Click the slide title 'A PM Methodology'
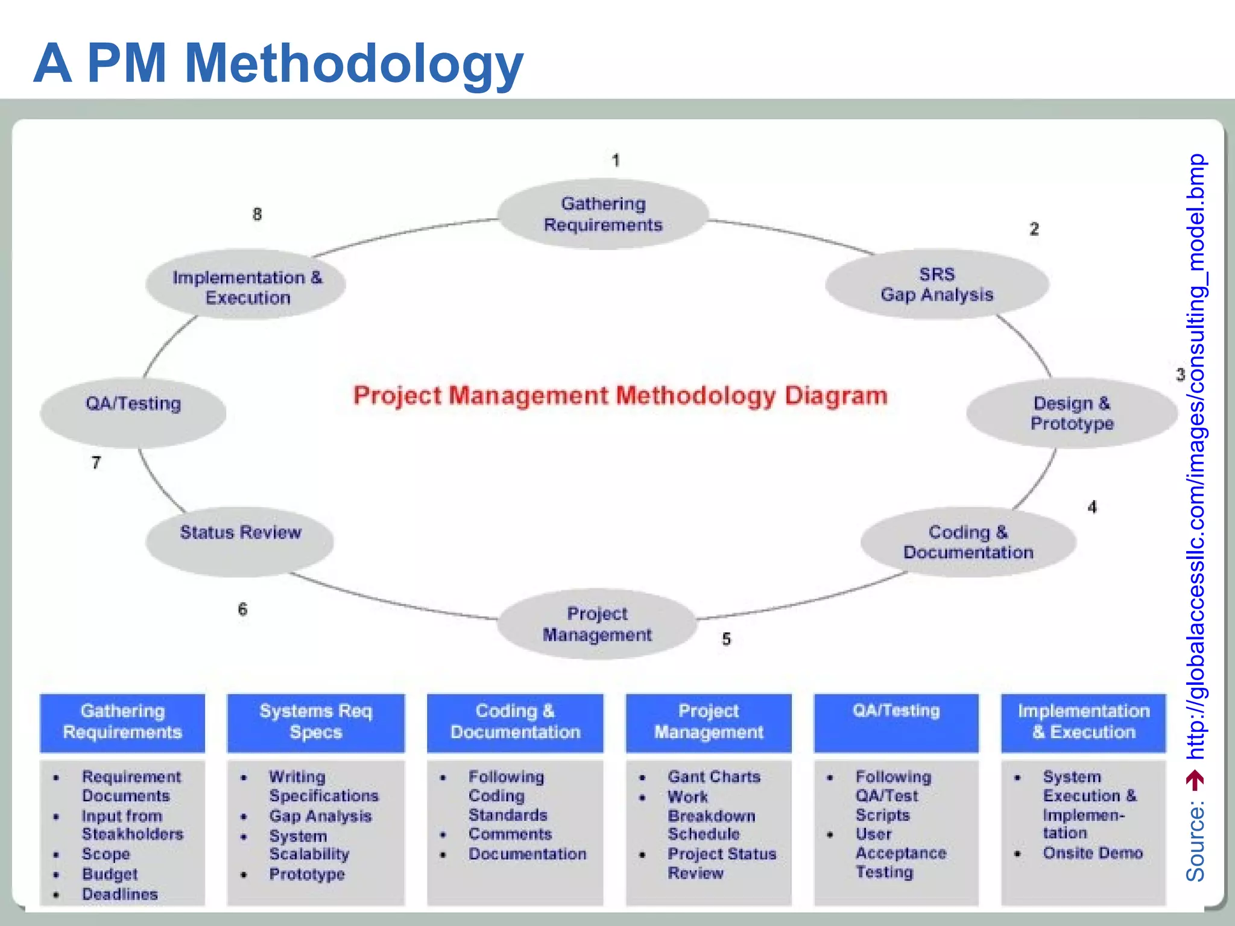[x=279, y=63]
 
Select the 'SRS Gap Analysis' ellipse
[x=937, y=285]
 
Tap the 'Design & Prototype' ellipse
[x=1072, y=414]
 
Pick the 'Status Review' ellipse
[x=240, y=540]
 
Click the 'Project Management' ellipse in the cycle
[x=597, y=624]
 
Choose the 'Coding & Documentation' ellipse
[x=968, y=541]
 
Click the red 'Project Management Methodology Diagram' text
[x=620, y=395]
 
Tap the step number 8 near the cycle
[x=257, y=215]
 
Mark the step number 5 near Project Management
[x=726, y=639]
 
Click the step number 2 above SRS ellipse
[x=1034, y=229]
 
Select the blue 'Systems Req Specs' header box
[x=315, y=722]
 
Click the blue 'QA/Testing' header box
[x=896, y=722]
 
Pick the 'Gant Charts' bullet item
[x=714, y=776]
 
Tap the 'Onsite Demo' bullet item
[x=1093, y=853]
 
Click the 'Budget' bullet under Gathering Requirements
[x=110, y=874]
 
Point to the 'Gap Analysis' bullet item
[x=320, y=816]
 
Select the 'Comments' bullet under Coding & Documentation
[x=510, y=834]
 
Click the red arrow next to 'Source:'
[x=1195, y=780]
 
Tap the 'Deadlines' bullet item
[x=120, y=894]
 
